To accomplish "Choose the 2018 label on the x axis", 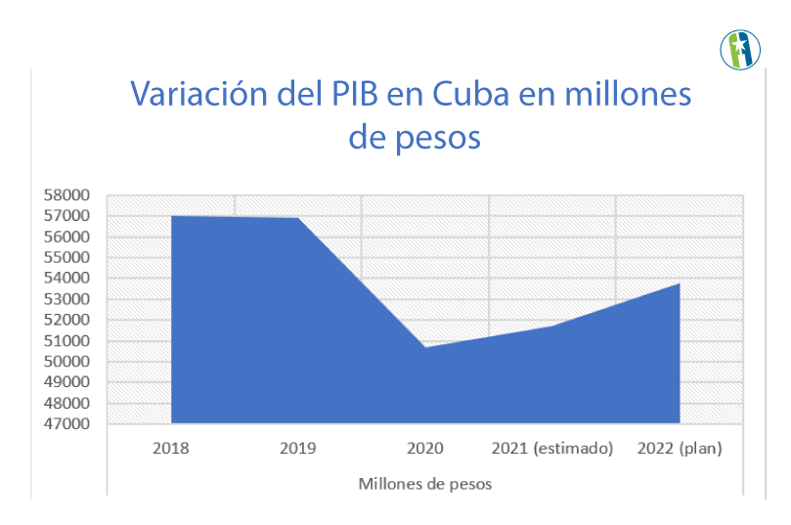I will click(x=171, y=449).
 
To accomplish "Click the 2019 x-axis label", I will click(x=298, y=449).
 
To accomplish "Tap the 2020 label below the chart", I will click(x=425, y=449).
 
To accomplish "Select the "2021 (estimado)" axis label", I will click(x=552, y=449).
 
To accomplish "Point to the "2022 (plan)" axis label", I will click(x=680, y=449).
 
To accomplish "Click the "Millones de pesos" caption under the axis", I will click(x=425, y=484).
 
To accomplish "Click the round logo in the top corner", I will click(x=740, y=50).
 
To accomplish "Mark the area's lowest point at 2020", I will click(x=425, y=347).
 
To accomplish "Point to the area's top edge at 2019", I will click(x=298, y=218).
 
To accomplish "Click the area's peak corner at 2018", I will click(x=172, y=216).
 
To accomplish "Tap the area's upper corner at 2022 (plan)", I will click(x=679, y=284).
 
